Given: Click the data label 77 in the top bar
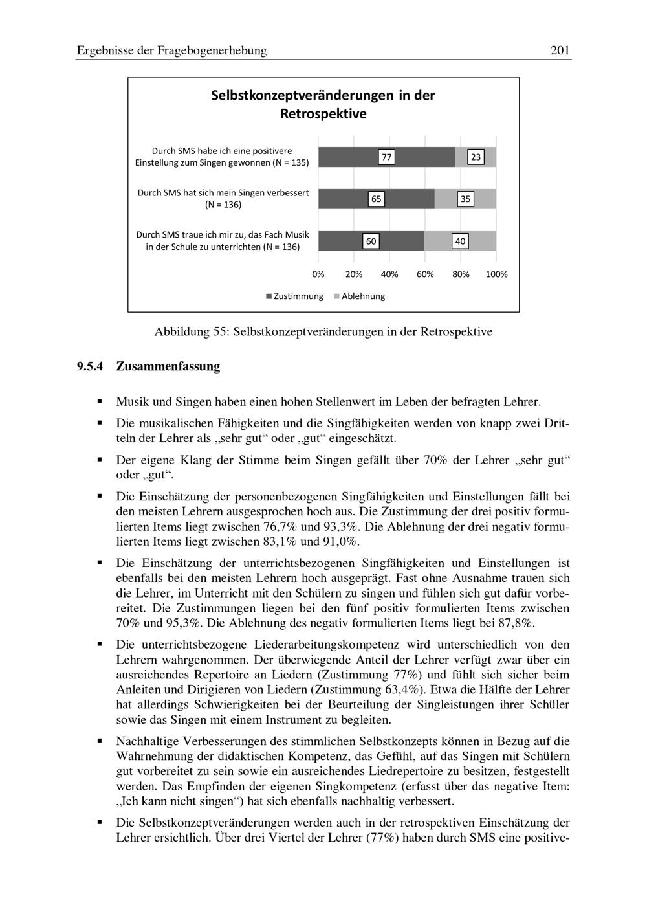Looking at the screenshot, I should point(386,157).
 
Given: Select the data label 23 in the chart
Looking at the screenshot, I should point(476,157).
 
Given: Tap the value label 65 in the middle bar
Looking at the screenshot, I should point(376,199).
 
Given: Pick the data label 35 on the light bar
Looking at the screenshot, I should point(465,199).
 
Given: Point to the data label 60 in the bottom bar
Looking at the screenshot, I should point(371,241).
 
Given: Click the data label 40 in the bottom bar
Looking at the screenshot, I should point(460,241).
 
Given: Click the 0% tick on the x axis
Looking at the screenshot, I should point(318,274).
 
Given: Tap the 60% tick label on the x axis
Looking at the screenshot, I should point(425,274).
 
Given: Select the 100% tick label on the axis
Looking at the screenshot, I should point(496,274).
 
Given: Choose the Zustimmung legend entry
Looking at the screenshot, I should point(294,296).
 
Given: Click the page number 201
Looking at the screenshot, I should point(560,50).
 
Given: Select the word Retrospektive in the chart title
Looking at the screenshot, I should point(323,114).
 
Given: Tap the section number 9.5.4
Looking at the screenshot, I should point(90,366).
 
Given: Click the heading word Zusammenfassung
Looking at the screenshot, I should point(168,366).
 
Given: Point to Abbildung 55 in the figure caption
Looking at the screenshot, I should point(191,332).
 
